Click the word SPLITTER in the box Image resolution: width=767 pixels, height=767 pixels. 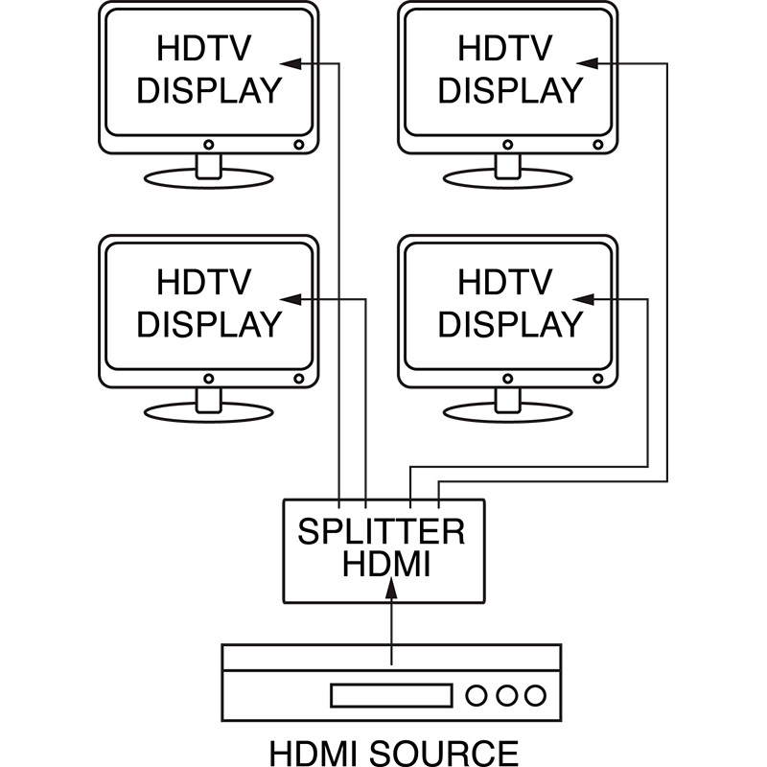click(x=383, y=531)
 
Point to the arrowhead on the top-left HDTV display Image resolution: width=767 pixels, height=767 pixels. click(x=294, y=62)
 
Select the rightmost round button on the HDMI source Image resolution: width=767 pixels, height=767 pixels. click(x=535, y=694)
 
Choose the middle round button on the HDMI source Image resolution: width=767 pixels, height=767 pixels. click(x=506, y=694)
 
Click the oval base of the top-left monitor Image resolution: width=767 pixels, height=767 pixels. click(x=208, y=178)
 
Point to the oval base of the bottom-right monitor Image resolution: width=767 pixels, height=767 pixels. click(x=507, y=412)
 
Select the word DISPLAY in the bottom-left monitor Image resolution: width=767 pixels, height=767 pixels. click(x=208, y=324)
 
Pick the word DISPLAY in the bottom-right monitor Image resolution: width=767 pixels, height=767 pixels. click(x=509, y=324)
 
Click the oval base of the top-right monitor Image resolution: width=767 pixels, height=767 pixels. click(x=507, y=178)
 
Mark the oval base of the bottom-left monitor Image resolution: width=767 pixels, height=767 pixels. click(x=208, y=412)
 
